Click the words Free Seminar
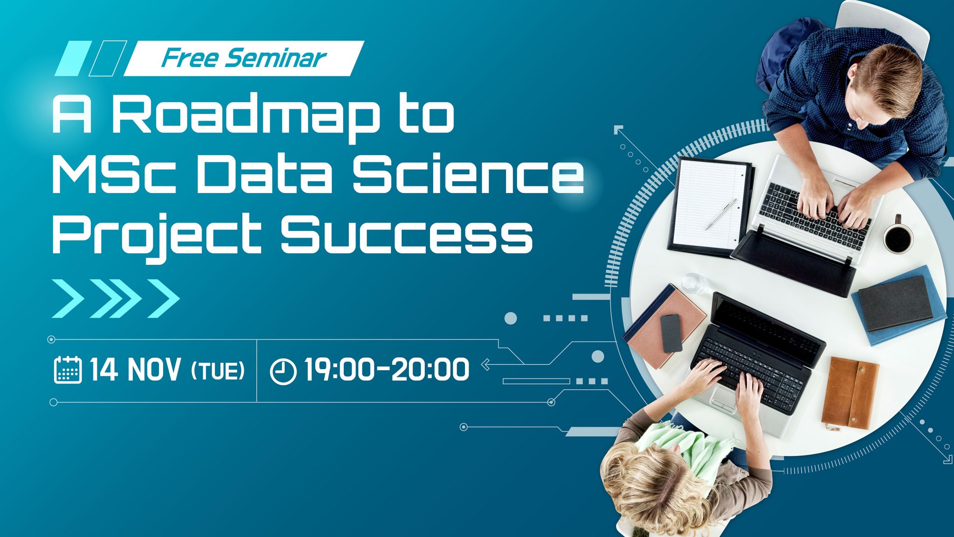243,58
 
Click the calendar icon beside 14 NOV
68,370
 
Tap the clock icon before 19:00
283,372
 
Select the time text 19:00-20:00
387,370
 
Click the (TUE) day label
218,371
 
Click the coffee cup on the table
897,237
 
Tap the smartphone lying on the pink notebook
671,333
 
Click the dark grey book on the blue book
895,303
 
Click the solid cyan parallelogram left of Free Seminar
73,59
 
